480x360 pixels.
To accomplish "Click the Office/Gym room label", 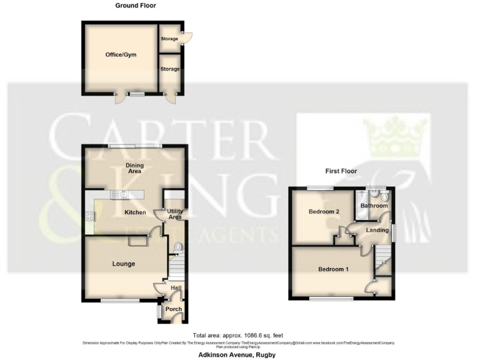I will pyautogui.click(x=121, y=54).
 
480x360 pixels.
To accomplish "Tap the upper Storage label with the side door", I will pyautogui.click(x=169, y=39).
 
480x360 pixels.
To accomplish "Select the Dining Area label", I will pyautogui.click(x=135, y=168).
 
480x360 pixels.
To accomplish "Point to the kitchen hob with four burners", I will pyautogui.click(x=91, y=217).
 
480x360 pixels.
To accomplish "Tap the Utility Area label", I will pyautogui.click(x=175, y=214).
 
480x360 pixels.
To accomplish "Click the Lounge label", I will pyautogui.click(x=124, y=264).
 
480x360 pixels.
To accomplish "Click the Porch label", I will pyautogui.click(x=174, y=309).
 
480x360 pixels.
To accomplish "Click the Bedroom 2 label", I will pyautogui.click(x=324, y=211).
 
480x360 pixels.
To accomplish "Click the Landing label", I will pyautogui.click(x=372, y=231).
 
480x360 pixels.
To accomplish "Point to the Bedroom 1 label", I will pyautogui.click(x=333, y=269).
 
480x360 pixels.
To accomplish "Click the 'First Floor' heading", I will pyautogui.click(x=341, y=171).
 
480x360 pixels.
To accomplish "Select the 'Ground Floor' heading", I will pyautogui.click(x=136, y=6).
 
